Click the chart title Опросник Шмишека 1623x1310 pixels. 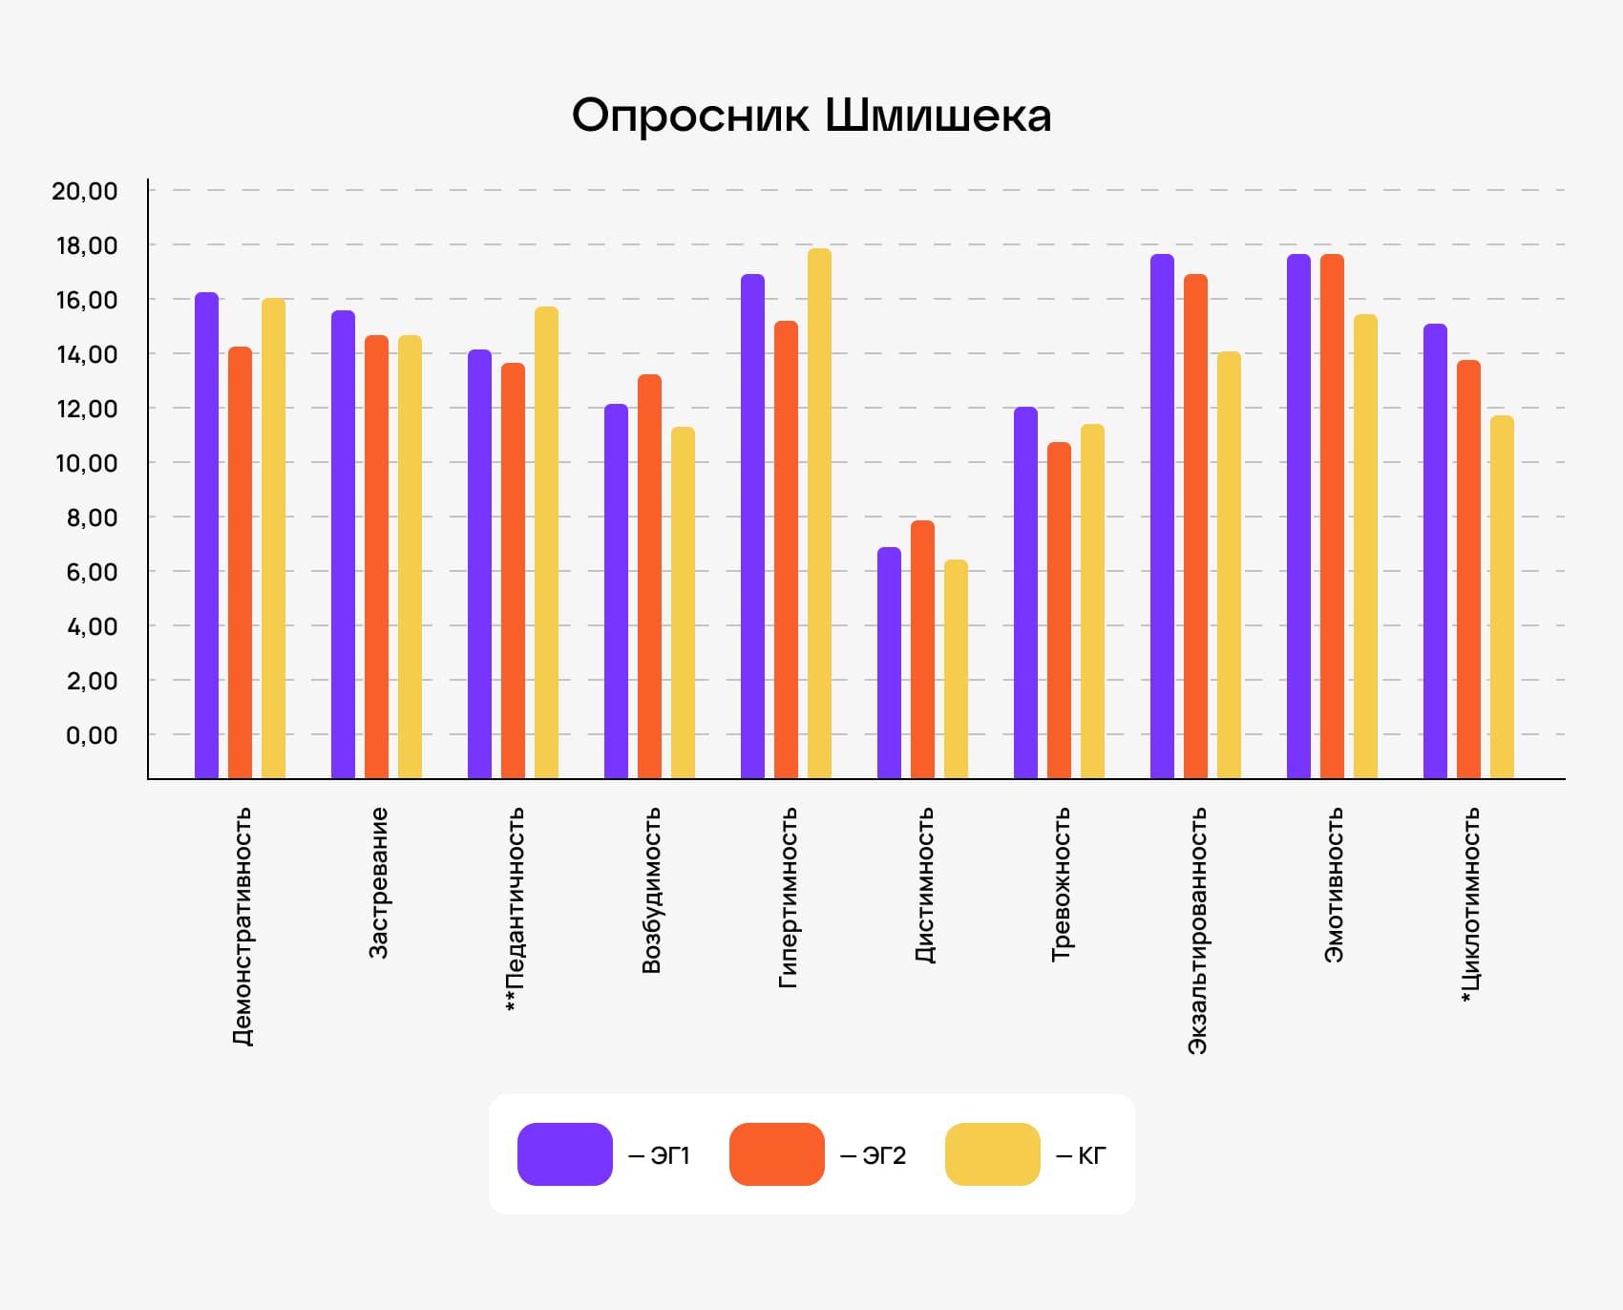(x=811, y=116)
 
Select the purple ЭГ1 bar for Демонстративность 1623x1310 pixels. (x=206, y=535)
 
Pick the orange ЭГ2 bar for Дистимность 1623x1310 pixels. (x=922, y=649)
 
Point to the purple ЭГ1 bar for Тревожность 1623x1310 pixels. (x=1025, y=592)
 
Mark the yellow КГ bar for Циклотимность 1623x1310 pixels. (x=1502, y=597)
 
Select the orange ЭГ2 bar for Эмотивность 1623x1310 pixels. (x=1332, y=516)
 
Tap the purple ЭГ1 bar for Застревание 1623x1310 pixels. (x=343, y=544)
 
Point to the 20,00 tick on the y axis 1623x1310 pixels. (x=85, y=191)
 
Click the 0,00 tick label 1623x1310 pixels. (x=92, y=735)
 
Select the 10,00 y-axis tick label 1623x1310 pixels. (x=86, y=463)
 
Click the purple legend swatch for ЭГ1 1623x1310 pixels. (x=564, y=1154)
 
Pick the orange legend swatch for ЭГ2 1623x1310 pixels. (x=776, y=1154)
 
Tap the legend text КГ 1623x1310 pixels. (x=1091, y=1156)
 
